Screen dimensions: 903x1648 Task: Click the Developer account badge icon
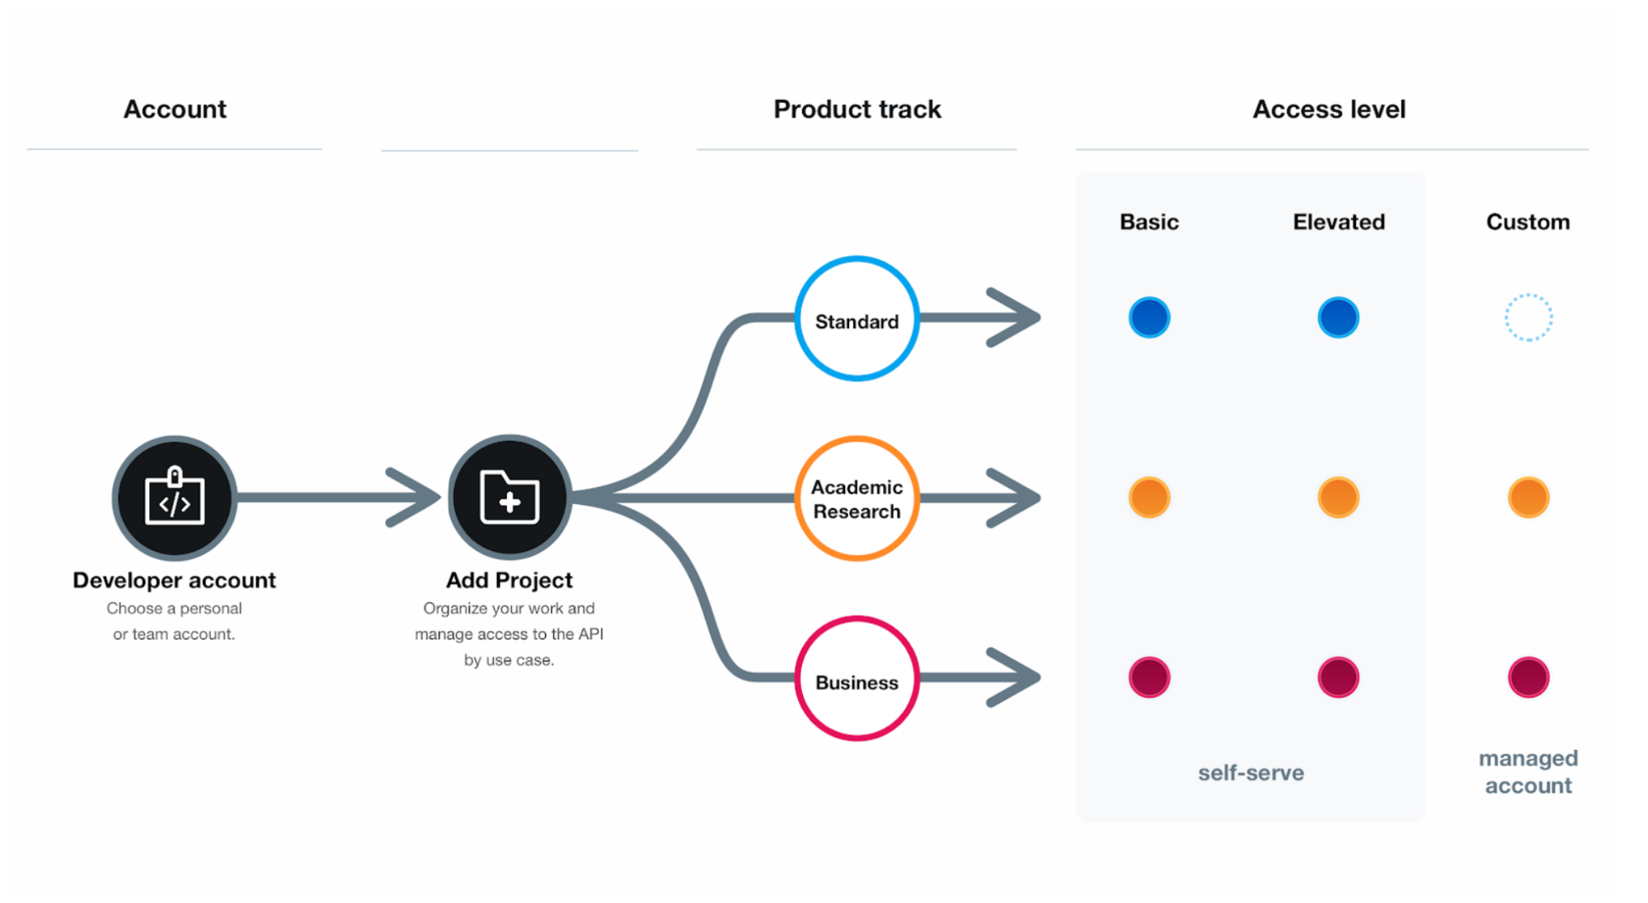174,498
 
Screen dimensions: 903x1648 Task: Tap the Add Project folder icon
509,498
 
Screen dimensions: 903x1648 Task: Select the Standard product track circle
857,319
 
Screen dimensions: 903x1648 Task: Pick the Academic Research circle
857,498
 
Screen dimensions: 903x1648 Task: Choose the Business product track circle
857,678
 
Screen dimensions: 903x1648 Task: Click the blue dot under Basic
1148,317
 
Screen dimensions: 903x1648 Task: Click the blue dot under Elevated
1337,317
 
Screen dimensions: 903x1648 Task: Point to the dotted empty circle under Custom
1528,317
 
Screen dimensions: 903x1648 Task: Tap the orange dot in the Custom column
1528,498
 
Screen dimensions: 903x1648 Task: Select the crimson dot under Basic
1148,677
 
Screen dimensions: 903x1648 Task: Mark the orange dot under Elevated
1337,498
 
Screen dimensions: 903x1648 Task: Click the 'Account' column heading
175,109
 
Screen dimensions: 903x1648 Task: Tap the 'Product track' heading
857,109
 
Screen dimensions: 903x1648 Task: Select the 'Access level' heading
1329,109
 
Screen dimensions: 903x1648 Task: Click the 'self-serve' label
1251,773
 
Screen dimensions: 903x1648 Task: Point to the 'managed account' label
1528,771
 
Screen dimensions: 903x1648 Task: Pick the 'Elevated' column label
1338,222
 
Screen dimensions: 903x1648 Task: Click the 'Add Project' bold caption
509,580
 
